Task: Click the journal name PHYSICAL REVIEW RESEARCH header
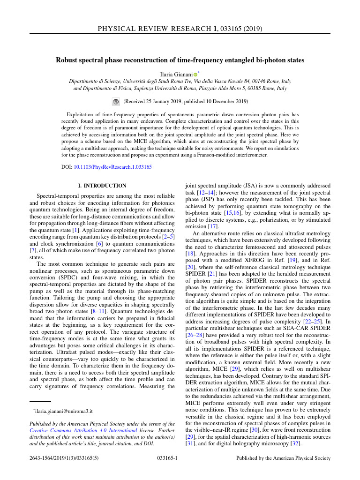click(154, 29)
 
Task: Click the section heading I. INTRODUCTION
click(102, 186)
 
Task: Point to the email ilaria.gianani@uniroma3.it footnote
click(58, 410)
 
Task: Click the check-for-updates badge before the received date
click(116, 101)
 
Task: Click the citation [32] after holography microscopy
click(295, 443)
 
